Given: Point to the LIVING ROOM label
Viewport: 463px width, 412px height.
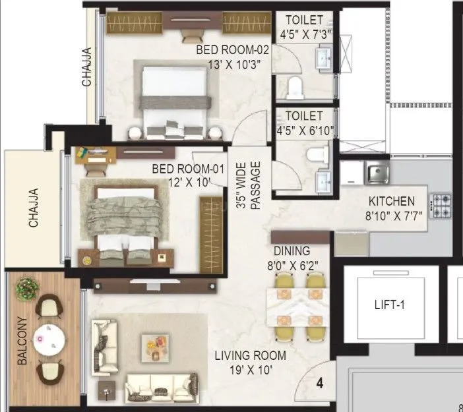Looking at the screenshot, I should pyautogui.click(x=250, y=356).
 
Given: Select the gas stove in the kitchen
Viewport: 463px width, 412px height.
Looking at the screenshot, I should pyautogui.click(x=441, y=206).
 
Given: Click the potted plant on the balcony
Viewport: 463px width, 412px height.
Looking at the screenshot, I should pyautogui.click(x=28, y=287).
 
